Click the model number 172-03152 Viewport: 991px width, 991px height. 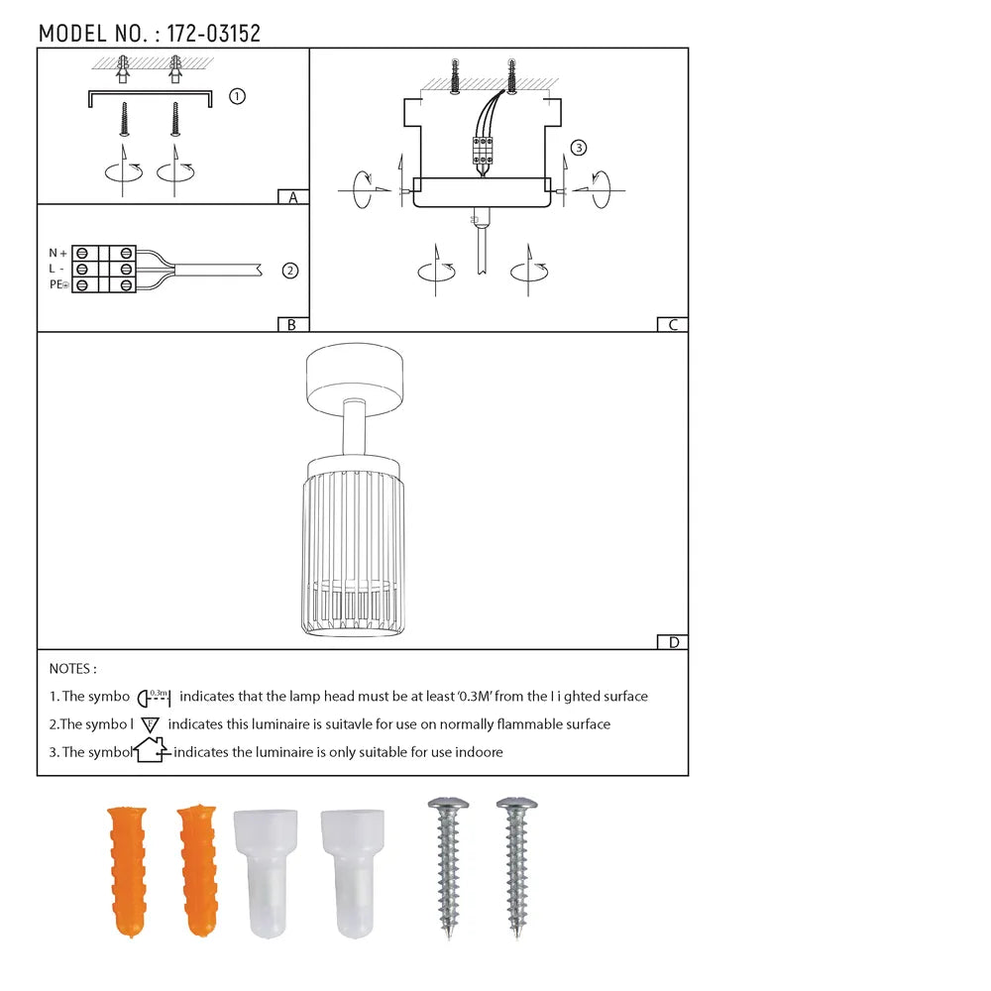click(x=214, y=34)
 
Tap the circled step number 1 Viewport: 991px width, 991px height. click(x=237, y=96)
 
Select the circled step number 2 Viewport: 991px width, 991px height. click(x=289, y=270)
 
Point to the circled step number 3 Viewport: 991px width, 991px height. click(x=579, y=149)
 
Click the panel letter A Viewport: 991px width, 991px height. click(x=292, y=197)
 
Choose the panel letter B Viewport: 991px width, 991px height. click(x=292, y=324)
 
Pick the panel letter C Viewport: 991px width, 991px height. click(x=672, y=324)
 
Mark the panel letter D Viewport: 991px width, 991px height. click(x=673, y=642)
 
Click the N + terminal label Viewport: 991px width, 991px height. click(x=57, y=253)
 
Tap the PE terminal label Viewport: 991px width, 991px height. click(x=57, y=285)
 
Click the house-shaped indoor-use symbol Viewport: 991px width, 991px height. click(x=152, y=751)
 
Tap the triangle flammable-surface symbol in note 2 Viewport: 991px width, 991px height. click(x=151, y=724)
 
